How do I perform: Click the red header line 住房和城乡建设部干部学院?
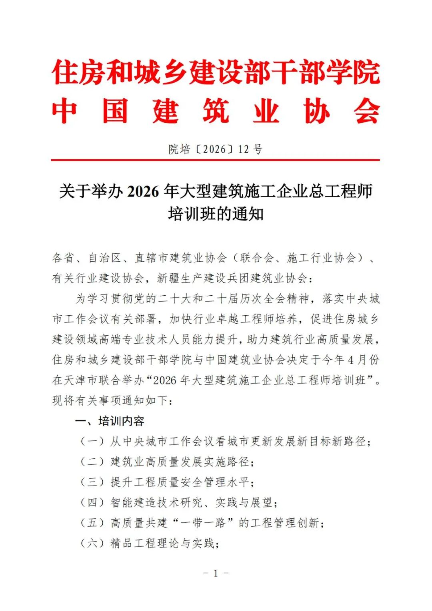(x=216, y=73)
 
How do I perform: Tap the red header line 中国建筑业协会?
(x=216, y=111)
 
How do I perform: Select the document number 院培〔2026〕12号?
(x=216, y=149)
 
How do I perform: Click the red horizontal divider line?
(x=216, y=160)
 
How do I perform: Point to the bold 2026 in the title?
(x=143, y=192)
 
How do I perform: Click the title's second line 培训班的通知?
(x=216, y=214)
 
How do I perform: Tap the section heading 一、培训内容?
(x=110, y=421)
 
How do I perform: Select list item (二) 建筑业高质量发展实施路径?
(x=167, y=462)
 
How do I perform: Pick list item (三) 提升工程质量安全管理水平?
(x=167, y=482)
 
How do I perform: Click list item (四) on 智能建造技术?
(x=179, y=502)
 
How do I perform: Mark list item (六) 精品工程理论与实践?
(x=150, y=543)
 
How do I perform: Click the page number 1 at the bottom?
(x=216, y=573)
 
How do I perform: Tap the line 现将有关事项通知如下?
(x=112, y=400)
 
